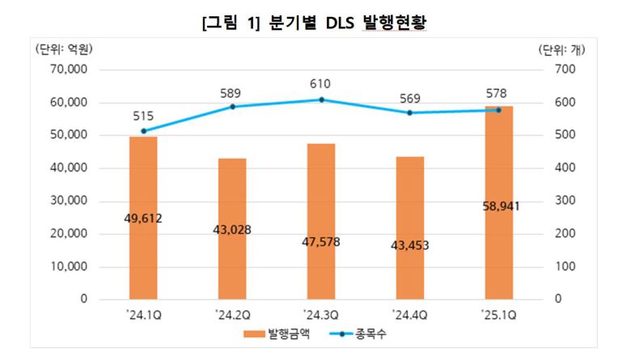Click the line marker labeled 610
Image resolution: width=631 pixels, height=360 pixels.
(x=321, y=100)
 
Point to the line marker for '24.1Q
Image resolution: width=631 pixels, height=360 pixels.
(x=143, y=131)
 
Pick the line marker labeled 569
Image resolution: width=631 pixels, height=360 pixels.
(x=409, y=113)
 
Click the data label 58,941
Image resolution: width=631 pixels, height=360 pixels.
(x=499, y=206)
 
